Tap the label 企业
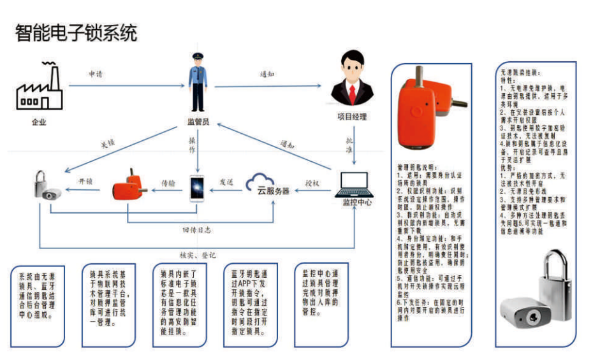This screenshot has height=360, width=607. coord(40,122)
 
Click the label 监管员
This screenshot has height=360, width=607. coord(198,122)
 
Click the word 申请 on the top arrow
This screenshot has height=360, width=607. coord(96,75)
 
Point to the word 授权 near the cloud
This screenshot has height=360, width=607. coord(312,182)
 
